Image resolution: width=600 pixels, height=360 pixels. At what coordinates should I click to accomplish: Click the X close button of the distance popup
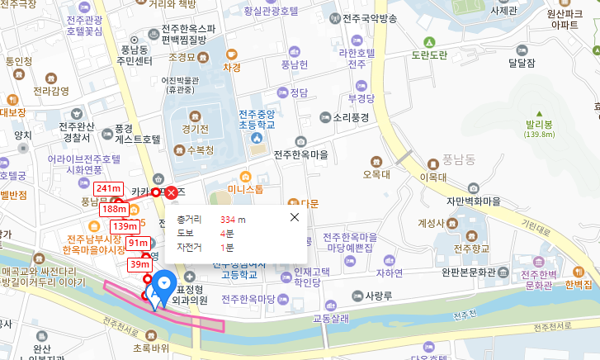pyautogui.click(x=295, y=217)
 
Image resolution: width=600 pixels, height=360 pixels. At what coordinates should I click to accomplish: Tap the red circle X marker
pyautogui.click(x=171, y=192)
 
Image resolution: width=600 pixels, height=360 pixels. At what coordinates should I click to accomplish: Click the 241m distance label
pyautogui.click(x=108, y=188)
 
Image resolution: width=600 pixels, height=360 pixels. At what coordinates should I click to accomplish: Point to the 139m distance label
pyautogui.click(x=125, y=226)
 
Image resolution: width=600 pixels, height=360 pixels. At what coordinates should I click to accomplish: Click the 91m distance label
pyautogui.click(x=138, y=244)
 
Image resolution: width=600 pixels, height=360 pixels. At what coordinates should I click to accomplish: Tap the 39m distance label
pyautogui.click(x=139, y=264)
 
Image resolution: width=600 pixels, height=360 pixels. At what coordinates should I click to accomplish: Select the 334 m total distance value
pyautogui.click(x=233, y=220)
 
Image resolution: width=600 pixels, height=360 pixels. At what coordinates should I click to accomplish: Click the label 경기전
pyautogui.click(x=196, y=130)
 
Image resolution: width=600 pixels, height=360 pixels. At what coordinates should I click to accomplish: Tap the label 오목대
pyautogui.click(x=376, y=174)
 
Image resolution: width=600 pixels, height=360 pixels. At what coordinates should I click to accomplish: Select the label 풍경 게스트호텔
pyautogui.click(x=136, y=134)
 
